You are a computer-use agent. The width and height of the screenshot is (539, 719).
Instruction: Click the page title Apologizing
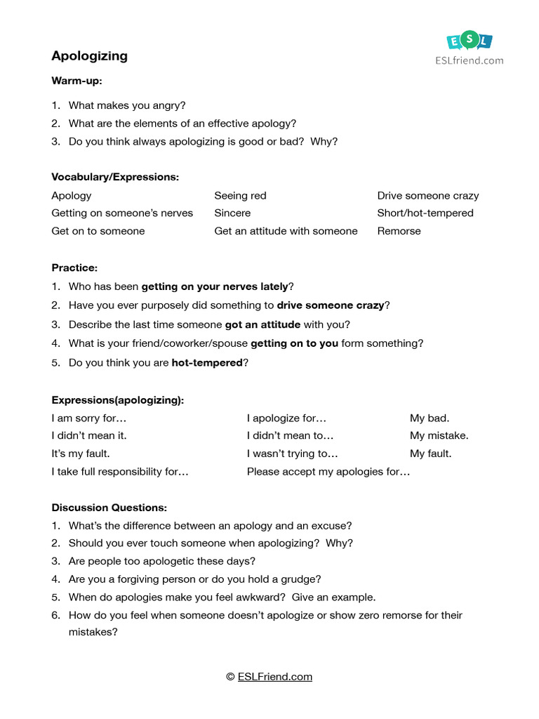click(x=89, y=56)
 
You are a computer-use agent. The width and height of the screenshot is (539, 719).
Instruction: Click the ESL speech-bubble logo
click(x=469, y=41)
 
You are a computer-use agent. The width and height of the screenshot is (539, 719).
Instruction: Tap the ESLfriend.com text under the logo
click(x=469, y=60)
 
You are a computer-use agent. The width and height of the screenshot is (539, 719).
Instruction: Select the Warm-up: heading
click(x=76, y=81)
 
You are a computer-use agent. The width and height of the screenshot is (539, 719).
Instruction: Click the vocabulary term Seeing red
click(x=240, y=196)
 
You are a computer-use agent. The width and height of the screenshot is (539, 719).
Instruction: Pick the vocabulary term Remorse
click(x=399, y=231)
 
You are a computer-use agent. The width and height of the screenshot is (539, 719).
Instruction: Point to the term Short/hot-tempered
click(x=425, y=213)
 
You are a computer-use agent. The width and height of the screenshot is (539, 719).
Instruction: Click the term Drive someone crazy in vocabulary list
click(x=427, y=196)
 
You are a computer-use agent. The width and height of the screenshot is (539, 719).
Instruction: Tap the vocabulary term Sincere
click(x=232, y=213)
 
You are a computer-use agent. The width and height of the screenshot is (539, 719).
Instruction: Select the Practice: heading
click(x=74, y=268)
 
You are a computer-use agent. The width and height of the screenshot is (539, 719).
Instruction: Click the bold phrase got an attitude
click(x=262, y=325)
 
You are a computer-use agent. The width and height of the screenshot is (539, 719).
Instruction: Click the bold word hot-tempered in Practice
click(x=206, y=363)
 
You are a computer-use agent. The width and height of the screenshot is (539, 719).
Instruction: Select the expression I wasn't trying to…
click(x=292, y=454)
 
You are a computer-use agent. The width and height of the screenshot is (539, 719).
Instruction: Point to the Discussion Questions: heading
click(x=109, y=508)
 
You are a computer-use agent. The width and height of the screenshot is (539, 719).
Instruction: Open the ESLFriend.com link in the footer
click(x=274, y=677)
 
